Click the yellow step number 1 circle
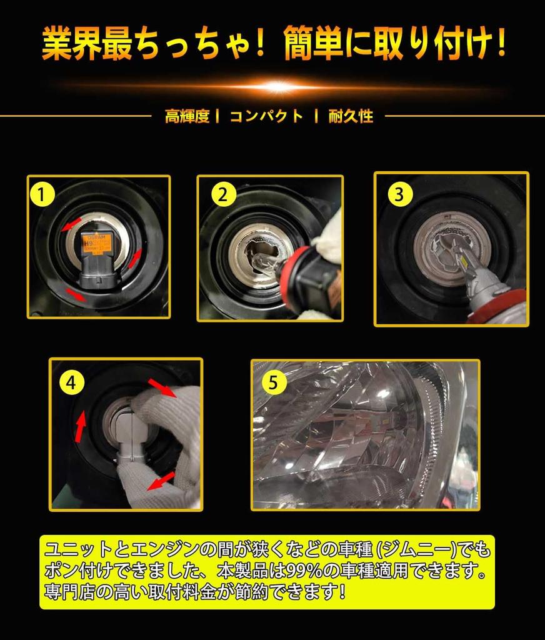coord(42,194)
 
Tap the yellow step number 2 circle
coord(223,194)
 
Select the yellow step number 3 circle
coord(399,194)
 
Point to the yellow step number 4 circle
coord(71,383)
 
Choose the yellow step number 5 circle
coord(272,383)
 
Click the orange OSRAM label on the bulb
coord(96,244)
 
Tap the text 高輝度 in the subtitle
coord(187,116)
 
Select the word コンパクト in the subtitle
coord(267,116)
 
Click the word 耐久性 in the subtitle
coord(351,116)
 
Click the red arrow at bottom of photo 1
coord(76,294)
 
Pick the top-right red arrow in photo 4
coord(162,387)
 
